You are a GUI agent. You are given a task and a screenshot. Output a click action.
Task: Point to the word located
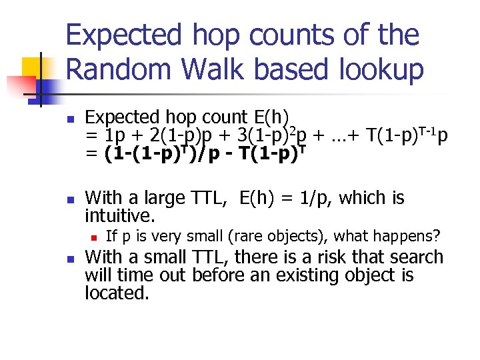coord(117,293)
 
